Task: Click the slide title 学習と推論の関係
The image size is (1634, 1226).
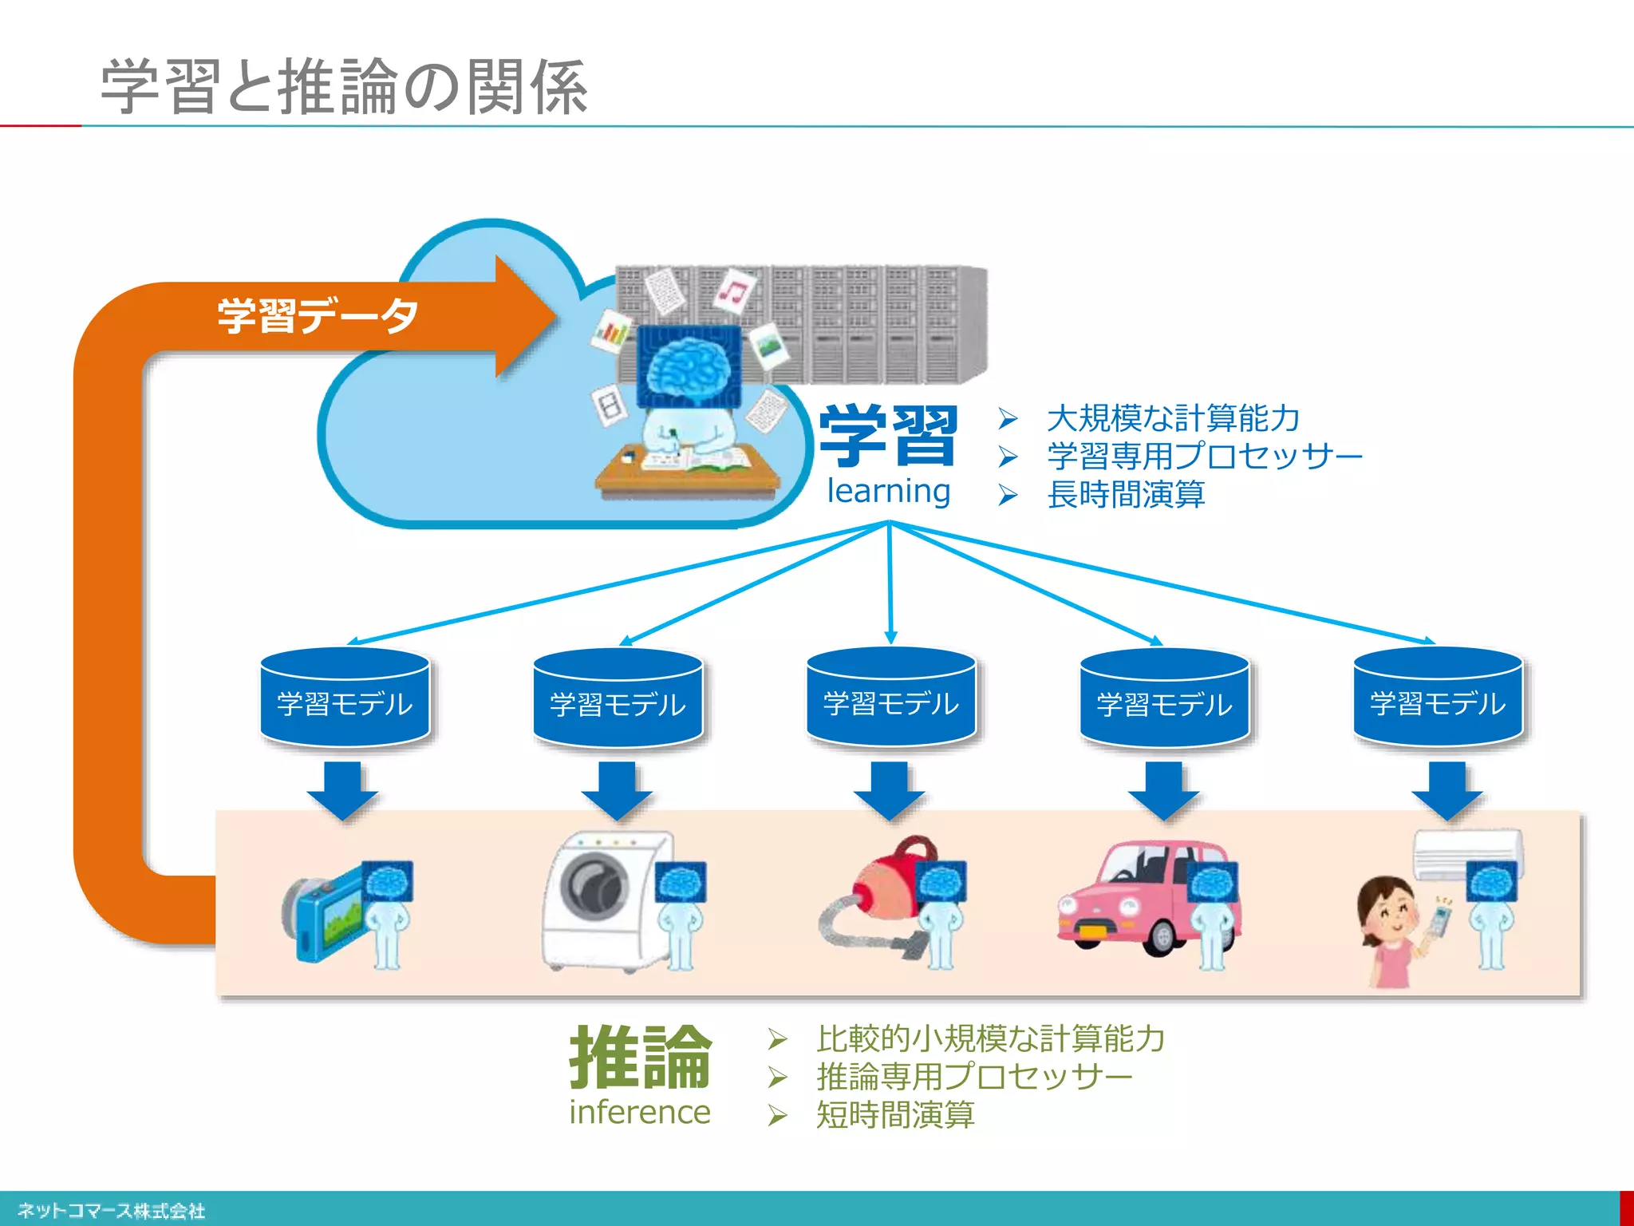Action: [343, 86]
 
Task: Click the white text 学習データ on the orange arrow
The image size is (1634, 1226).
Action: [318, 315]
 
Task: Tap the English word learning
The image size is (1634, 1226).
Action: [888, 491]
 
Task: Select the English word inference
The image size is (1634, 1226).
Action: [639, 1112]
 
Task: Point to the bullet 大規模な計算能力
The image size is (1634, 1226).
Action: [1173, 418]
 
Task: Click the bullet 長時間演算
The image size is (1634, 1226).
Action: [1125, 495]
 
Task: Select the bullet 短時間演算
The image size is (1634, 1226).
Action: [894, 1115]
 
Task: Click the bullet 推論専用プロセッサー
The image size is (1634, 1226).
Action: [974, 1077]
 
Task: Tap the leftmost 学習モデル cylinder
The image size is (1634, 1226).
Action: [345, 698]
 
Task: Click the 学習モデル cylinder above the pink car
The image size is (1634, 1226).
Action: [1164, 698]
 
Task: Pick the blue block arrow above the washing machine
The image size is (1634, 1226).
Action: [617, 790]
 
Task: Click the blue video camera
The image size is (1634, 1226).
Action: [327, 918]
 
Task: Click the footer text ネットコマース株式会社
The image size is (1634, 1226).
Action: [112, 1211]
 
